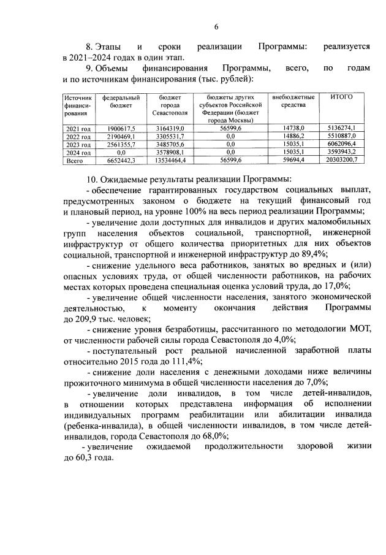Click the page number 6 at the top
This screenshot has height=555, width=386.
tap(216, 26)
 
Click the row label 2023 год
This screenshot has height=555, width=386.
tap(78, 144)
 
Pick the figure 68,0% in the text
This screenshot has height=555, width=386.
tap(212, 436)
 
